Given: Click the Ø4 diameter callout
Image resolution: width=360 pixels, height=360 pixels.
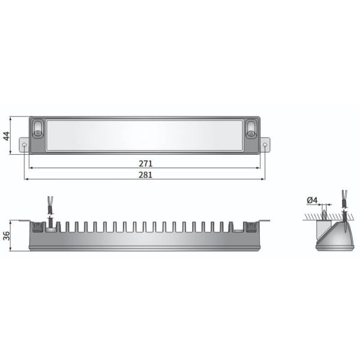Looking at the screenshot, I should pos(311,200).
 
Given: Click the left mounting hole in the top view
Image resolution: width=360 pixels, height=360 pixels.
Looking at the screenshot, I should pos(23,145).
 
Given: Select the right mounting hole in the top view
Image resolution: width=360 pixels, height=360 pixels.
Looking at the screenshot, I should pos(266,145).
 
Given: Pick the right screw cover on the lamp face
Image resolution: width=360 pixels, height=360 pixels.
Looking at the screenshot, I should pos(251,128).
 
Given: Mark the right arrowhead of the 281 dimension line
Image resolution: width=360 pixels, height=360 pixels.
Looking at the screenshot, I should pos(265,179).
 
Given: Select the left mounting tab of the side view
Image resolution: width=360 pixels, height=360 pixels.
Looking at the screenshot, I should pos(25,220).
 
